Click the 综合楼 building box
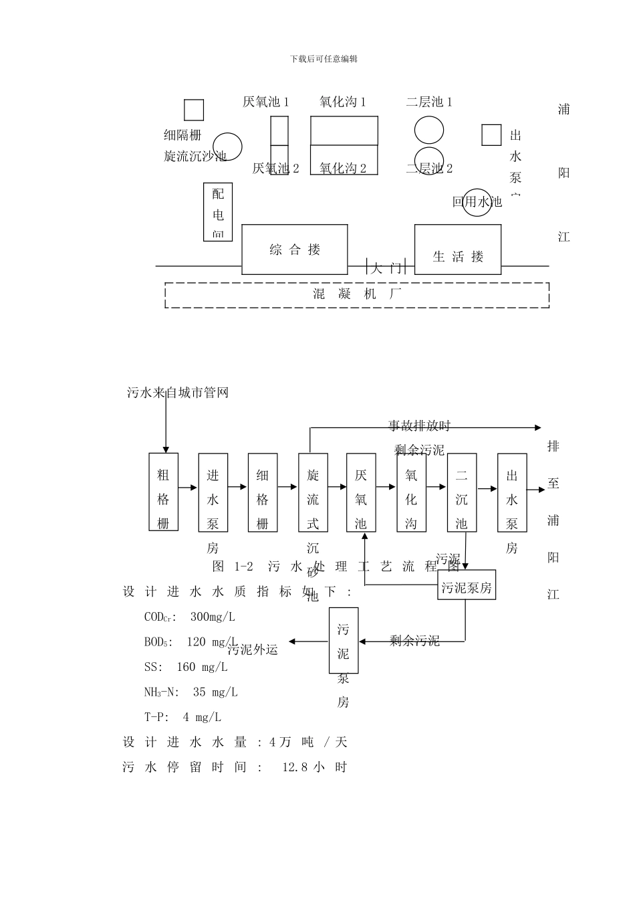294,249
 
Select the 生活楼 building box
457,249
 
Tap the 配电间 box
218,212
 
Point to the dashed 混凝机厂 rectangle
357,295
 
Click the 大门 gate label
386,268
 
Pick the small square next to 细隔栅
194,110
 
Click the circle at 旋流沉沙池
227,146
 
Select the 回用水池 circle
478,201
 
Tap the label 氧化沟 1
342,102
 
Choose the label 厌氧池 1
265,102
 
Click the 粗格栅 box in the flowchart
163,492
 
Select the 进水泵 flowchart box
213,492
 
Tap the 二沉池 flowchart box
461,492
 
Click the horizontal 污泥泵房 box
467,588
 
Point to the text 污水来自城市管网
178,393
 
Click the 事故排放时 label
420,426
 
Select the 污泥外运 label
253,649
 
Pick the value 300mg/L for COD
213,617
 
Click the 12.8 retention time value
295,767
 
